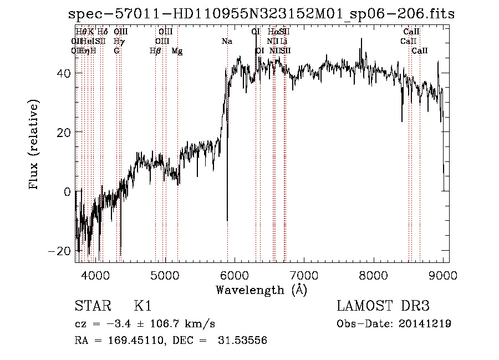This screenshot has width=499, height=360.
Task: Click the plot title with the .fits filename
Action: [x=261, y=14]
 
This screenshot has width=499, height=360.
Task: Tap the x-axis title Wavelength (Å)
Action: [x=261, y=290]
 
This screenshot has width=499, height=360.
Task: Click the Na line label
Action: [x=227, y=41]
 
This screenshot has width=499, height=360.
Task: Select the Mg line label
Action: [x=177, y=50]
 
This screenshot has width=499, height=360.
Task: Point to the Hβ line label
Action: [x=155, y=50]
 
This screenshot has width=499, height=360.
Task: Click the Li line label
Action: [x=283, y=41]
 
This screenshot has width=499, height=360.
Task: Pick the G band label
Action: [x=116, y=50]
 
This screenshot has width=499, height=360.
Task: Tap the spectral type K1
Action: [x=142, y=307]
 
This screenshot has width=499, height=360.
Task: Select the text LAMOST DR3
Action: [x=383, y=307]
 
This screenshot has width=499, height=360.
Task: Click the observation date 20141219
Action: [x=425, y=324]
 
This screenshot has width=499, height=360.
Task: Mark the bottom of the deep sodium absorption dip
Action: [x=227, y=220]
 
